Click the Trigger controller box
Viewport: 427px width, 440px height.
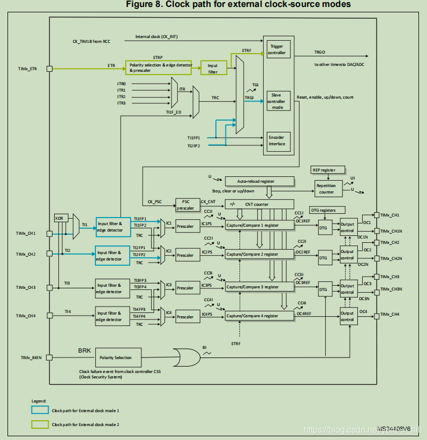pyautogui.click(x=279, y=49)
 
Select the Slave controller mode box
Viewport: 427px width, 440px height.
pyautogui.click(x=279, y=101)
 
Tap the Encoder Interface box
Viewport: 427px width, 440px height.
pyautogui.click(x=279, y=140)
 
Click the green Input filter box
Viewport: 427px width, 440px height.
pyautogui.click(x=213, y=68)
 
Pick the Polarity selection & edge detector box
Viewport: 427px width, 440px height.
pyautogui.click(x=159, y=68)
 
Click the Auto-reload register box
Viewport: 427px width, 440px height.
pyautogui.click(x=260, y=181)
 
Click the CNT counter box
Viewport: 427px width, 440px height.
pyautogui.click(x=260, y=204)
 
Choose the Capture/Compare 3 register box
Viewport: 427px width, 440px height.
pyautogui.click(x=260, y=287)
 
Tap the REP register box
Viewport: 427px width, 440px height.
pyautogui.click(x=324, y=170)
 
